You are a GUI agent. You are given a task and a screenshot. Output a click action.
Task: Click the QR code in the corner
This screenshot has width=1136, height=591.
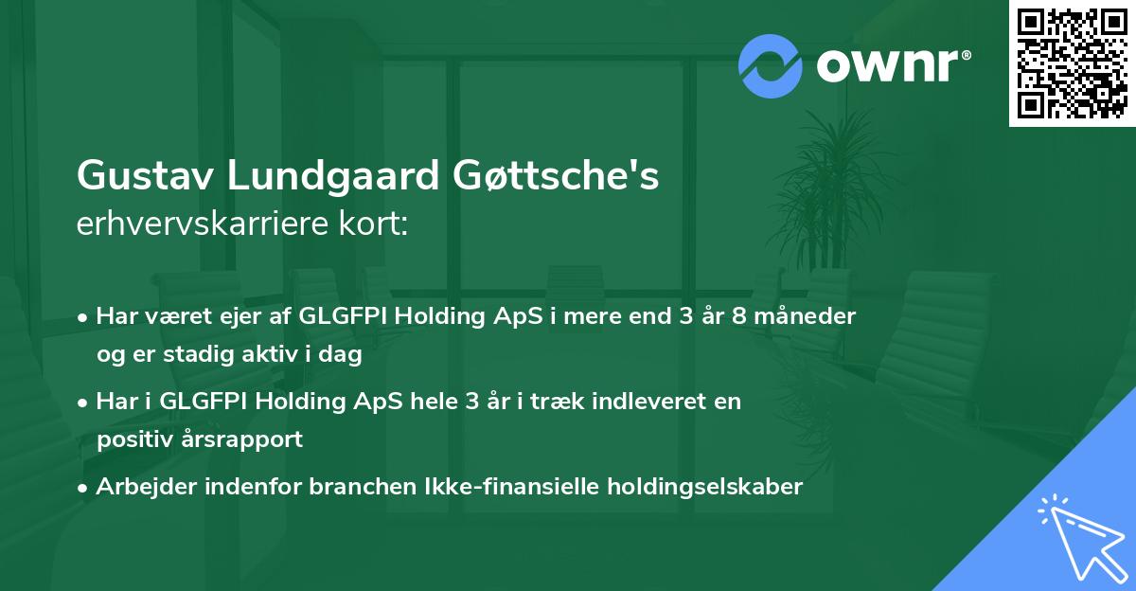1072,63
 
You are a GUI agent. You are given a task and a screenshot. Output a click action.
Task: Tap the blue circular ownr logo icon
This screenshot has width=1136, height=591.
771,66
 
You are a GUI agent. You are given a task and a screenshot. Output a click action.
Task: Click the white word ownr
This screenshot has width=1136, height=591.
888,66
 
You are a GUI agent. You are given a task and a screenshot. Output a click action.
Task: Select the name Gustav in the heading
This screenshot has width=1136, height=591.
145,175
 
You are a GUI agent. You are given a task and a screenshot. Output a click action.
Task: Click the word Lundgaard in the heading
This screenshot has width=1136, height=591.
333,175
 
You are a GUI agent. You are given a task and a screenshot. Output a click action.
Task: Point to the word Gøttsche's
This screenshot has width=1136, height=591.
556,175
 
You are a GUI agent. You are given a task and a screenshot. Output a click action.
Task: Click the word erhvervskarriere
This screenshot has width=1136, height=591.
203,224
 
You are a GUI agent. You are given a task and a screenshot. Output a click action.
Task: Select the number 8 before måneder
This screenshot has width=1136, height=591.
739,316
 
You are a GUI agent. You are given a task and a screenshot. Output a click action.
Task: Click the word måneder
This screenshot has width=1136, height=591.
805,316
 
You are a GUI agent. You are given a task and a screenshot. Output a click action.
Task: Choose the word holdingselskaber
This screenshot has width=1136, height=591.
705,487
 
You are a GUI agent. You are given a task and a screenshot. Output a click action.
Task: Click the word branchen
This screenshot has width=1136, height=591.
364,486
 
